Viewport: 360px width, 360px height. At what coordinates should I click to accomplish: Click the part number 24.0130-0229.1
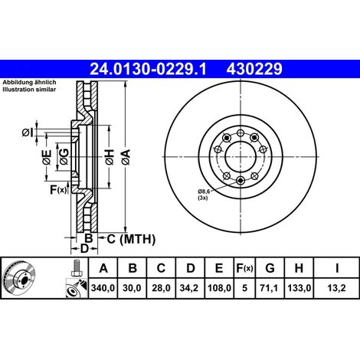pos(148,69)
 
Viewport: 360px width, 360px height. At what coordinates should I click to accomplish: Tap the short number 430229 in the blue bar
pos(254,69)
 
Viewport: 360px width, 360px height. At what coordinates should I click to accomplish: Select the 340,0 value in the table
pos(103,288)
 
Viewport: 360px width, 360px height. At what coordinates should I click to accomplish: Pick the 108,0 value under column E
pos(219,288)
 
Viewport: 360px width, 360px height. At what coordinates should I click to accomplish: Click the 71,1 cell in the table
pos(269,288)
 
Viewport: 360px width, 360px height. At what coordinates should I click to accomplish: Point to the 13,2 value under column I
pos(337,288)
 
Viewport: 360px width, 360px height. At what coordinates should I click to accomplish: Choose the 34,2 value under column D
pos(189,288)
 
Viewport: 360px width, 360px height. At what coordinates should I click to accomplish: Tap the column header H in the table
pos(299,268)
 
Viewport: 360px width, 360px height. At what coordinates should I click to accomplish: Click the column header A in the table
pos(103,268)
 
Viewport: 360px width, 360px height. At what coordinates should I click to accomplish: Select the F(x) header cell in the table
pos(244,268)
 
